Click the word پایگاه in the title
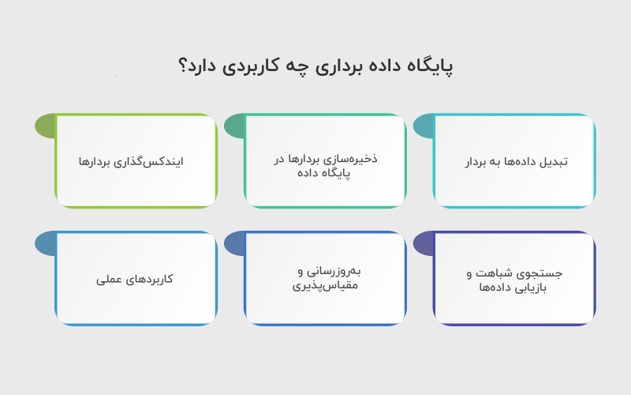click(428, 66)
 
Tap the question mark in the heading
click(184, 66)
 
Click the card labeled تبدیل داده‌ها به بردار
click(515, 162)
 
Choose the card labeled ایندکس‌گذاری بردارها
click(136, 162)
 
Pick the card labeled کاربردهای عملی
click(136, 279)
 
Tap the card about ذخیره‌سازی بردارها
click(326, 162)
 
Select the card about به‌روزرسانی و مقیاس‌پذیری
click(326, 279)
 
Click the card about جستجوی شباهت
click(515, 279)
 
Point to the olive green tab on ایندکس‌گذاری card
click(45, 126)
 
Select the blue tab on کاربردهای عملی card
click(45, 243)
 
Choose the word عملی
click(111, 279)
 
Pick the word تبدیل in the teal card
click(554, 162)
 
